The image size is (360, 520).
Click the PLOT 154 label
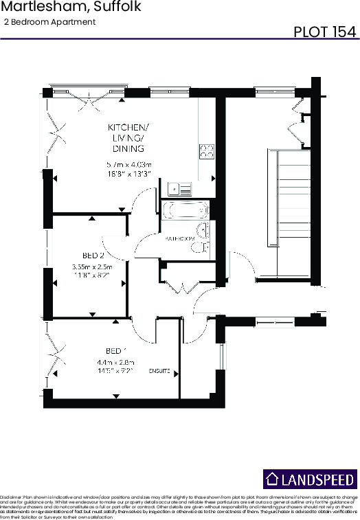click(324, 32)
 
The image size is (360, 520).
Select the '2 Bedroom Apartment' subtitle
click(49, 22)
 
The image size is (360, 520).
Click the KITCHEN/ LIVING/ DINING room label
click(128, 138)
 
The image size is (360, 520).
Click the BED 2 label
click(92, 254)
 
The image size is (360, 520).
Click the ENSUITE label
click(159, 371)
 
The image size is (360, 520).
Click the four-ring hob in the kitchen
click(207, 152)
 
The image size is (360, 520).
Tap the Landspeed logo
click(311, 479)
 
